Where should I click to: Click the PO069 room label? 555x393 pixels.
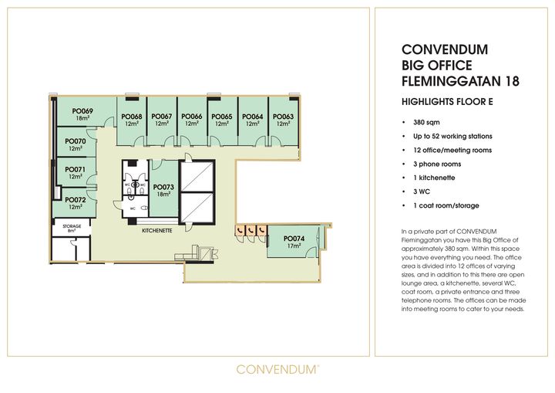click(x=82, y=111)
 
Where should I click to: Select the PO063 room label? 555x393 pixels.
click(x=283, y=117)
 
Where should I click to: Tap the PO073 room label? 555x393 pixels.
click(x=163, y=187)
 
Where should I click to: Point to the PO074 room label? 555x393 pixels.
click(x=294, y=239)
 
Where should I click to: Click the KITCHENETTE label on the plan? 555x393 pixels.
click(x=157, y=231)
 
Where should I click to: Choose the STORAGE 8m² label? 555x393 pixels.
click(x=72, y=228)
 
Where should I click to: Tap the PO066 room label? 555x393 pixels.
click(x=192, y=117)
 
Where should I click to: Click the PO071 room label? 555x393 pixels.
click(x=76, y=170)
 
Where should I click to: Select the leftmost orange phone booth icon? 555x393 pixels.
click(x=240, y=231)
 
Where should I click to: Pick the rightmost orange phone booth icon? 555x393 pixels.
click(x=261, y=231)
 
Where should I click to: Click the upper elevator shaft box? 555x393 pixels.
click(x=197, y=176)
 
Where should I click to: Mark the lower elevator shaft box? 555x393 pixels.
click(x=197, y=208)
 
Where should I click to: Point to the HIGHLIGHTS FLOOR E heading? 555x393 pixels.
click(x=447, y=102)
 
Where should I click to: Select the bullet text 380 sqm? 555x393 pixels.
click(x=426, y=122)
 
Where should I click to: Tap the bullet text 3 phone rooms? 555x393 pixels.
click(x=437, y=164)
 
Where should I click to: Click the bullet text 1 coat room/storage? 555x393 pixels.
click(x=446, y=205)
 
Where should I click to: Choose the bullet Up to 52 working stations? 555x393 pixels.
click(x=452, y=136)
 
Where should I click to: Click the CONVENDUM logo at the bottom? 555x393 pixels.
click(x=277, y=369)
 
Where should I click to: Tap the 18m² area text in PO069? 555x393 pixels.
click(x=82, y=118)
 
